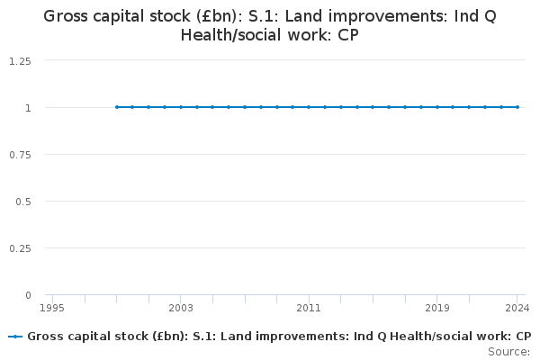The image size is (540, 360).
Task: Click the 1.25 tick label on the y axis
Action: coord(20,61)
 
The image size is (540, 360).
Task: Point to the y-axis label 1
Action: coord(28,108)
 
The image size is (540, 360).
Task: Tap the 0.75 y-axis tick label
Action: coord(20,155)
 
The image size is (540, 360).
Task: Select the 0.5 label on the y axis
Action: coord(23,202)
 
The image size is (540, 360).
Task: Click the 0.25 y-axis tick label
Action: coord(20,248)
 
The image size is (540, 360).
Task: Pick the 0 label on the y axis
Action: coord(28,295)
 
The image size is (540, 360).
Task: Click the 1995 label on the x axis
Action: coord(52,308)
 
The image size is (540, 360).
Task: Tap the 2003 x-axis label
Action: coord(181,308)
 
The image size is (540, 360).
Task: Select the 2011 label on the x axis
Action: coord(309,308)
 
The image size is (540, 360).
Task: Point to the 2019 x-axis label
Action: coord(437,308)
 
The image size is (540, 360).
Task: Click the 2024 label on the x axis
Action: coord(517,308)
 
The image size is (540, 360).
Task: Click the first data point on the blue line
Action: coord(117,107)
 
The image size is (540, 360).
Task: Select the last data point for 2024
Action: coord(517,107)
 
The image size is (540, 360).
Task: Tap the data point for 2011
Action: coord(309,107)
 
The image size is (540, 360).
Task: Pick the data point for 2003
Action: coord(181,107)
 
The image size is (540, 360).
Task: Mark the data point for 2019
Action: coord(437,107)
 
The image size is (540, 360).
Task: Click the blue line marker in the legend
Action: coord(15,337)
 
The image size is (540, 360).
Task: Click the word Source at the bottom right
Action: coord(508,352)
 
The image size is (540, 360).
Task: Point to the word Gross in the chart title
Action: coord(66,16)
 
